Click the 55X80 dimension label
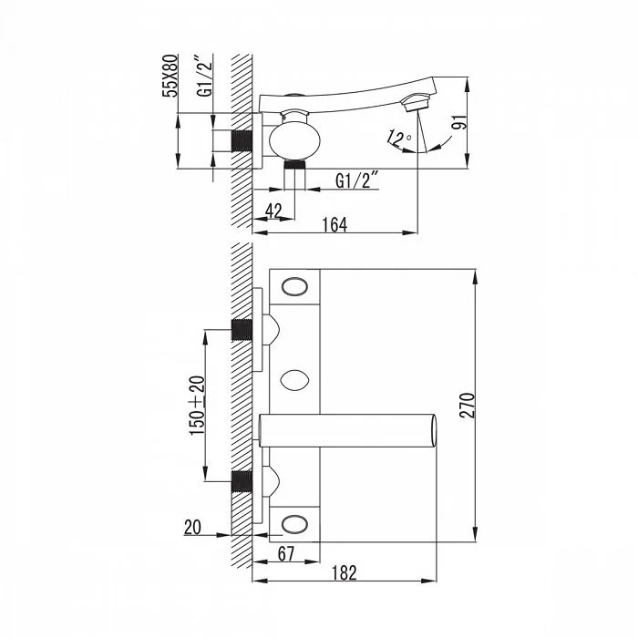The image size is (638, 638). click(170, 76)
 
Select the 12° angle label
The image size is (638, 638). click(399, 138)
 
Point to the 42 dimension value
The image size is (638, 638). click(273, 211)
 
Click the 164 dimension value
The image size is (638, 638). click(334, 224)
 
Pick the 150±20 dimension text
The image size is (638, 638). click(198, 405)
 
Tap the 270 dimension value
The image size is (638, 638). click(468, 405)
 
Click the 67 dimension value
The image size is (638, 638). click(285, 553)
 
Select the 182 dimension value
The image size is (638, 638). click(345, 573)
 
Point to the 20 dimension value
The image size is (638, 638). click(192, 528)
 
